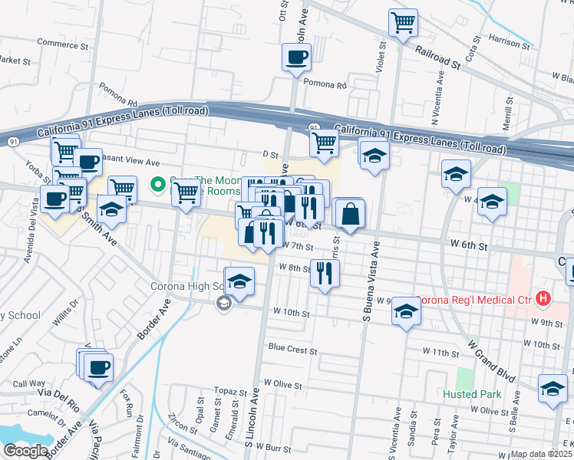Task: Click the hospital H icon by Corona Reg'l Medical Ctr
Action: pos(544,297)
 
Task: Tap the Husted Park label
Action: pos(471,394)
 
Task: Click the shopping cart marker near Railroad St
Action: pos(403,22)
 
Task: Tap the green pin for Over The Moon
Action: pos(159,185)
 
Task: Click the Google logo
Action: pos(25,450)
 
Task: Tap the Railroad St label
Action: pos(438,58)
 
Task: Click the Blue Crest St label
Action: pos(292,350)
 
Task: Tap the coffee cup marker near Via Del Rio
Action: pos(97,367)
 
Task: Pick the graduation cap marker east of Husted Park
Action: pos(552,388)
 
